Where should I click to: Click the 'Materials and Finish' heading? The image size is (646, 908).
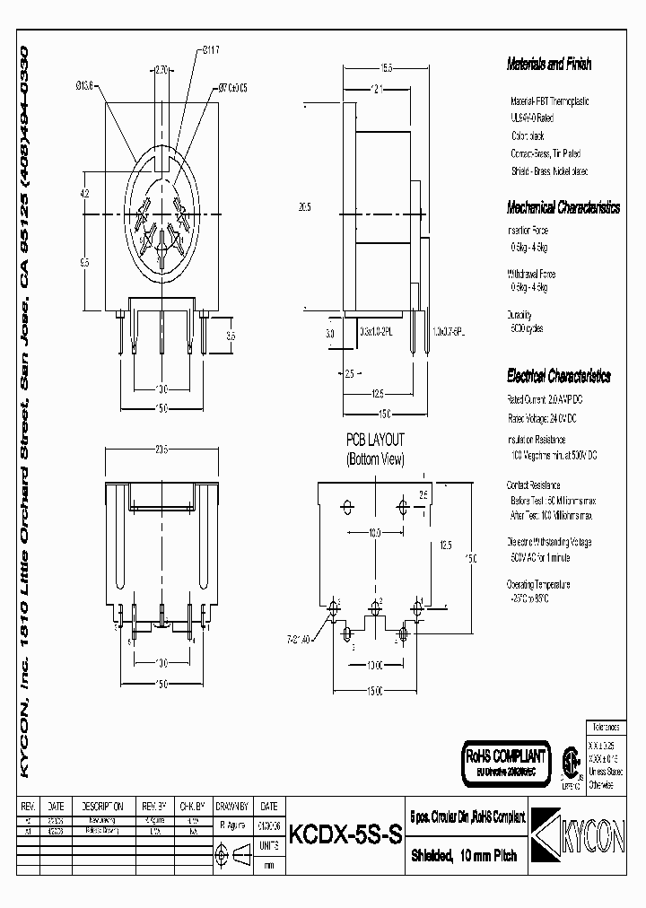(x=549, y=64)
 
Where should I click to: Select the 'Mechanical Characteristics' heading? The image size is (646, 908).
(x=563, y=207)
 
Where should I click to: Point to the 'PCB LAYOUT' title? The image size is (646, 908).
(x=375, y=440)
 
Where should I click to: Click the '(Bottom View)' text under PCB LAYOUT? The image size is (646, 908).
(x=375, y=458)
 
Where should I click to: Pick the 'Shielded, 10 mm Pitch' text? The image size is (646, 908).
(x=464, y=855)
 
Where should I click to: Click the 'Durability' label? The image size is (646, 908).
(x=520, y=315)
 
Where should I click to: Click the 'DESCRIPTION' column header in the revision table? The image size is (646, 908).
(x=102, y=806)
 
